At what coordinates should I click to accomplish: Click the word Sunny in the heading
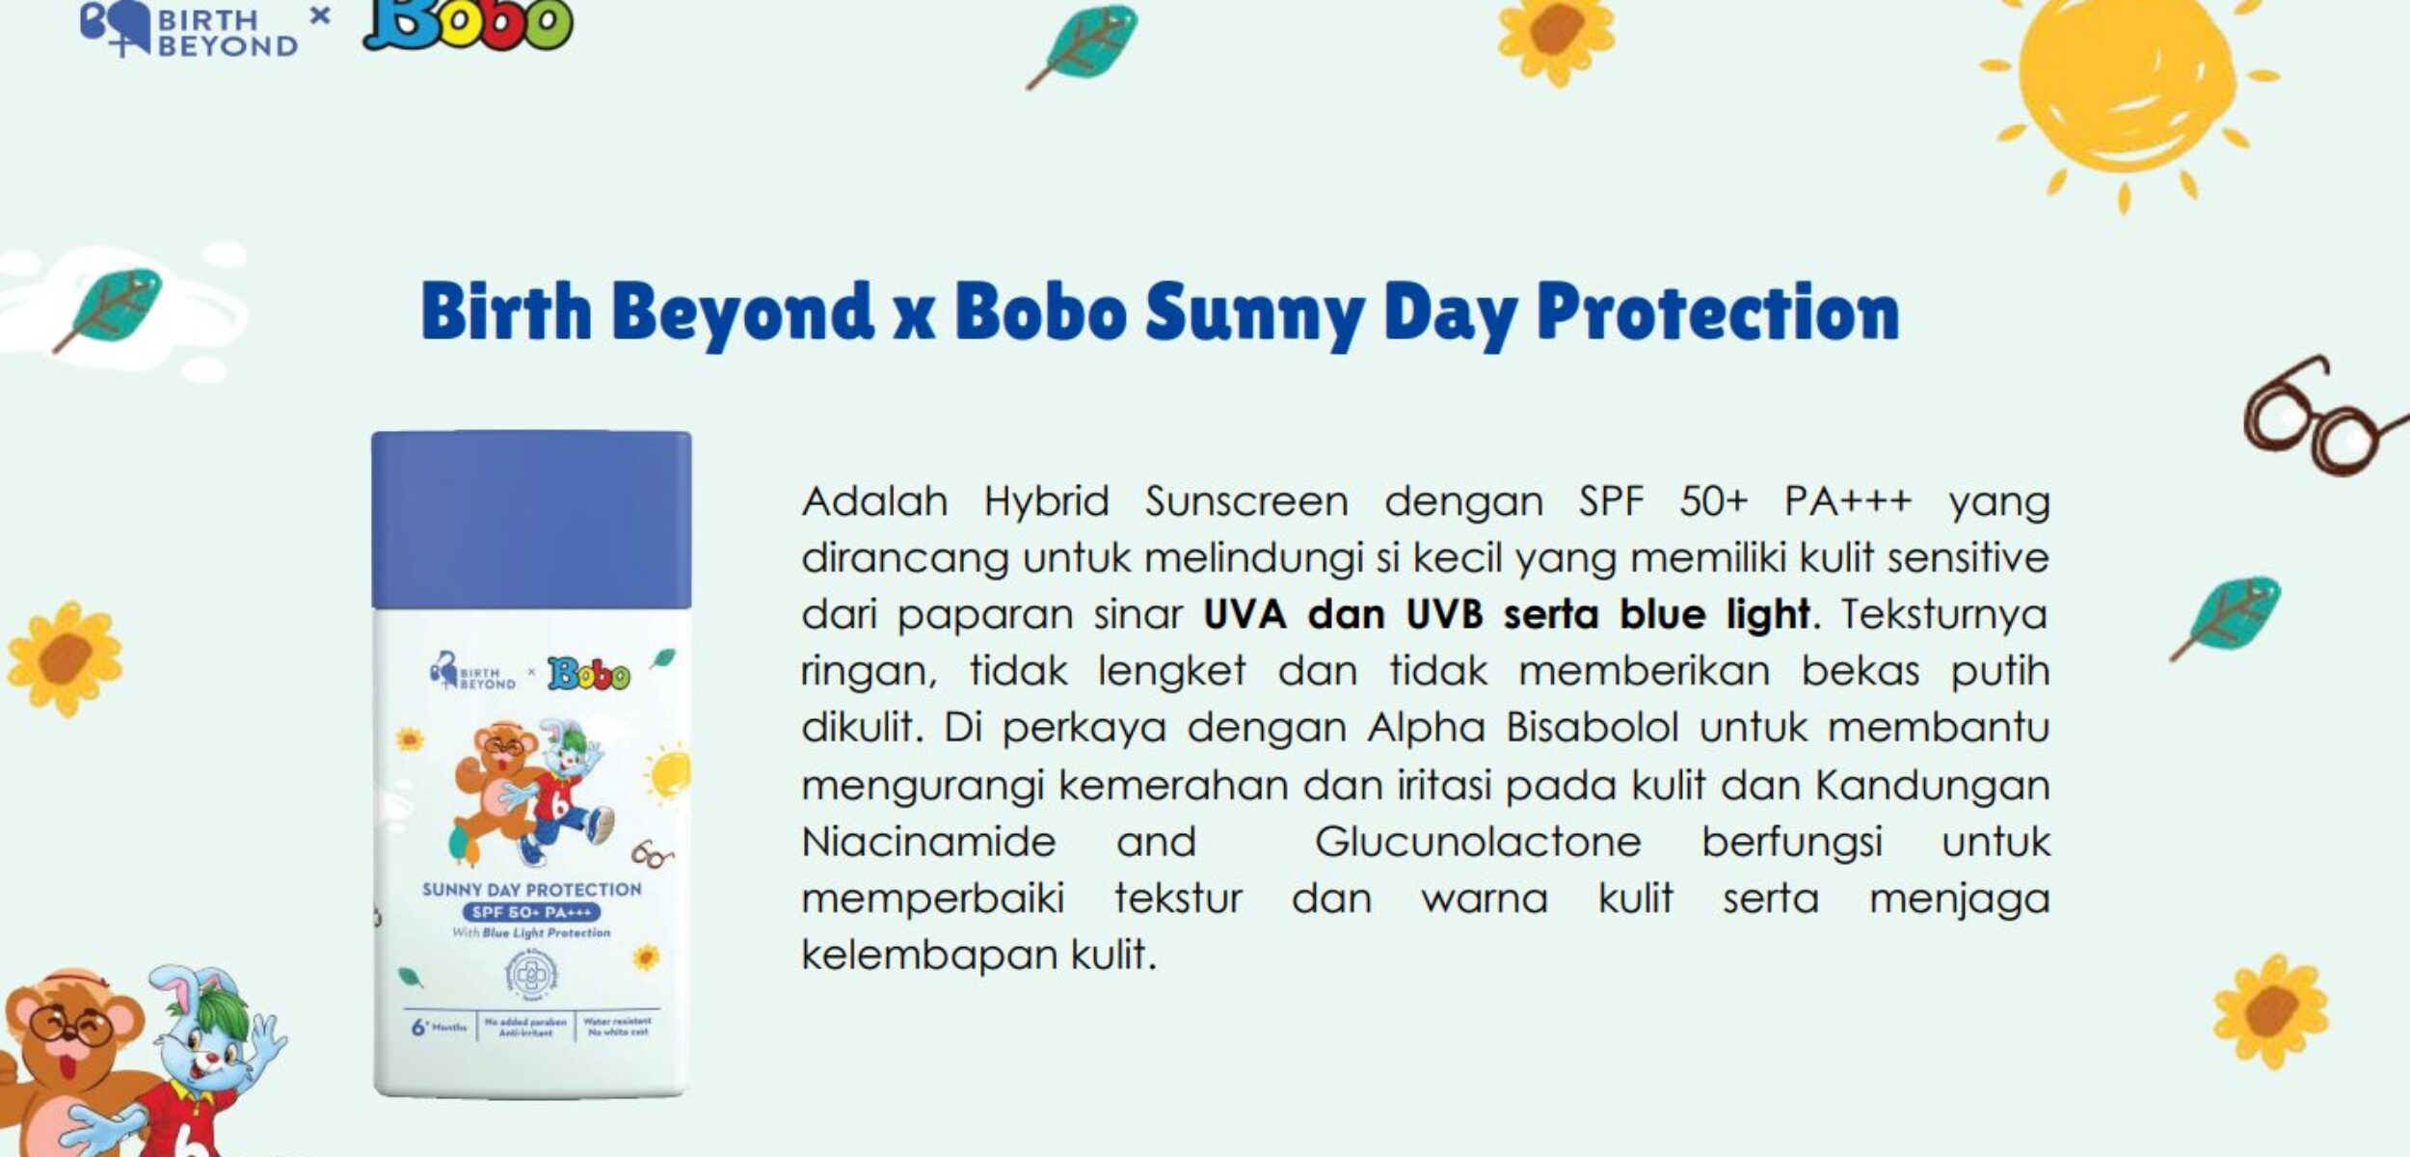1253,313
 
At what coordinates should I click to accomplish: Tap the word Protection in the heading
1717,313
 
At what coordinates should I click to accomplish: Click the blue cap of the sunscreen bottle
531,520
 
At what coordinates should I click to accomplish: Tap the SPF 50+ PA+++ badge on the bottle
531,912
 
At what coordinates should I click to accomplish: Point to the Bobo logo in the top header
468,24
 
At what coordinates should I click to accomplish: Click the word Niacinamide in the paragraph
928,842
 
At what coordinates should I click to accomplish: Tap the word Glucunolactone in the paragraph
1477,842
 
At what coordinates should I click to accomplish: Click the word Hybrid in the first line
1045,501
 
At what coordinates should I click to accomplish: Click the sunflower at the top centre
1556,37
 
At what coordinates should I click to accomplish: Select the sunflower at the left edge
65,659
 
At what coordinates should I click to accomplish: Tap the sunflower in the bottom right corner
2271,1011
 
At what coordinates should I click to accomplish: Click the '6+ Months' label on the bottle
439,1028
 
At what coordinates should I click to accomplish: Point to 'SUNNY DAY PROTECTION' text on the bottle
531,889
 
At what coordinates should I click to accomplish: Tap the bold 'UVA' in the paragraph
1244,614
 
